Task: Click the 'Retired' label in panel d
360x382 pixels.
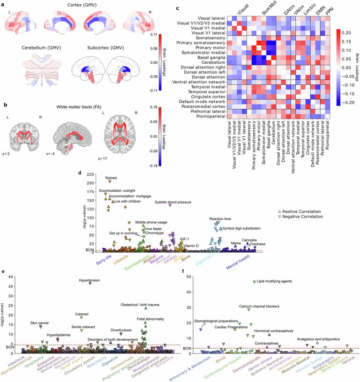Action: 111,165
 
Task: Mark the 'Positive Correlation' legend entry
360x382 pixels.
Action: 302,211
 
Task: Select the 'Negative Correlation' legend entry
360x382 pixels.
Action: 302,217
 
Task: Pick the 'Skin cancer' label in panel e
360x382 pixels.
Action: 40,323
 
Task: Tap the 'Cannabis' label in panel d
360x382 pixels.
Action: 249,240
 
